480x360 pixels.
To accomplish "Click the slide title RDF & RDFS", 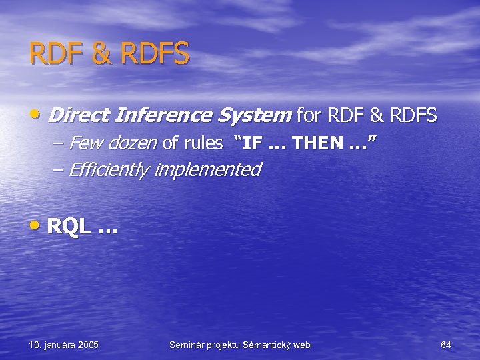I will click(109, 53).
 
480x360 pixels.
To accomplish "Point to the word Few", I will click(81, 143).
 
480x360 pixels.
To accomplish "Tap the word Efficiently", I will click(109, 170).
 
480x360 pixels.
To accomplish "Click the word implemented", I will click(207, 170).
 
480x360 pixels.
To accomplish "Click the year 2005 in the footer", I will click(89, 345).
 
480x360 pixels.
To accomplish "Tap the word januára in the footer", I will click(58, 345).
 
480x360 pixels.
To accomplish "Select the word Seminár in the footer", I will click(187, 345).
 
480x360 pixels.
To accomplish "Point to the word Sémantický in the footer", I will click(269, 345).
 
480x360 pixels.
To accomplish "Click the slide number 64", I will click(446, 345).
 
